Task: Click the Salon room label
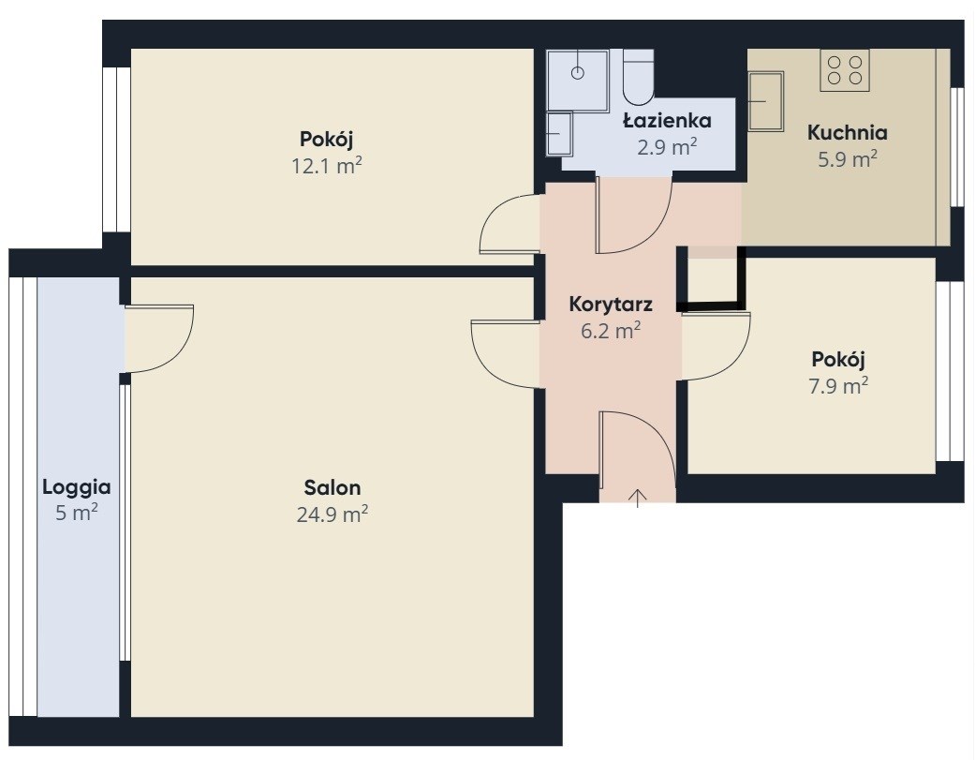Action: [x=332, y=487]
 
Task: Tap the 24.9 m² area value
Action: [x=332, y=514]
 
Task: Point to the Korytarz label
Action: [x=611, y=305]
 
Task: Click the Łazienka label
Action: [x=667, y=120]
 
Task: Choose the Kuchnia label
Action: [x=847, y=132]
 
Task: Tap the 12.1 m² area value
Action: [x=327, y=166]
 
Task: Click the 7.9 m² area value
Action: [x=838, y=386]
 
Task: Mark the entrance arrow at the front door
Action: [x=638, y=499]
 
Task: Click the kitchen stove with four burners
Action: [x=845, y=70]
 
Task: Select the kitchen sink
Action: [x=765, y=101]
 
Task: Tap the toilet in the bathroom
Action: [x=638, y=77]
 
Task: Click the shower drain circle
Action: [x=578, y=72]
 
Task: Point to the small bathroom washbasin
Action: [x=560, y=133]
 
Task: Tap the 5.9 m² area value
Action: [x=847, y=159]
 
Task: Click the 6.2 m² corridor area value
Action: [x=611, y=331]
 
